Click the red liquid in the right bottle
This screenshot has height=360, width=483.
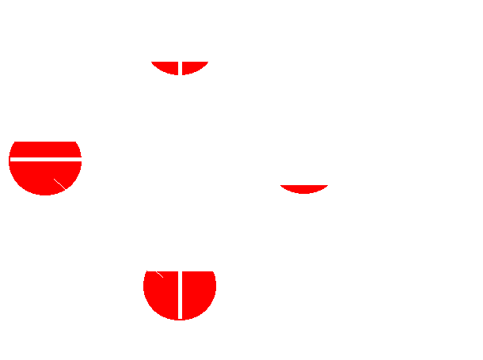click(304, 188)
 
